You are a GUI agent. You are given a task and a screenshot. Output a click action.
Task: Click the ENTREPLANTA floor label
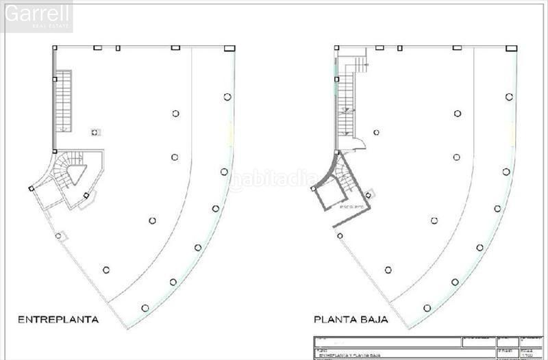tap(58, 319)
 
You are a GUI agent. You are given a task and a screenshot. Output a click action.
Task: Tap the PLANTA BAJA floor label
tap(351, 319)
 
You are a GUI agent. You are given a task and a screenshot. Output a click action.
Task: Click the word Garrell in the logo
tap(38, 14)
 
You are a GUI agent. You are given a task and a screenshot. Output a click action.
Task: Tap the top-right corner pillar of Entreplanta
tap(229, 49)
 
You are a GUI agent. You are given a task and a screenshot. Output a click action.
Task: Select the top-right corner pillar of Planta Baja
tap(511, 49)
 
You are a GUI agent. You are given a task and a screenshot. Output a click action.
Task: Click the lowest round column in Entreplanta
tap(145, 308)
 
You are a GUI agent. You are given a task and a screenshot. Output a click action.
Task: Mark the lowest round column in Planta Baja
tap(427, 308)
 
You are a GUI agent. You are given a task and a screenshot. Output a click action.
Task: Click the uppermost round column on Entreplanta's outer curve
tap(227, 97)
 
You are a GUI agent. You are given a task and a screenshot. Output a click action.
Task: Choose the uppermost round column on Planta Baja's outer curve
tap(509, 97)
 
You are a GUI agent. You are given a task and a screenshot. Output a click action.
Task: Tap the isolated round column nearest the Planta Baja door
tap(376, 132)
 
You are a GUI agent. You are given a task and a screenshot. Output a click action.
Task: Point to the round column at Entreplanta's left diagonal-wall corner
tap(58, 236)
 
